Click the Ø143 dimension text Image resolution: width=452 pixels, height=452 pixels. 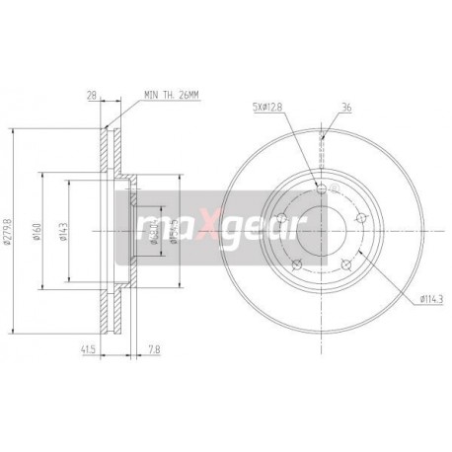point(62,233)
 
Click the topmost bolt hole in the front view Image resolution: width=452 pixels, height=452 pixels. point(323,188)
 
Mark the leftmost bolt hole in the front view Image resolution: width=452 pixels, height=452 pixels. point(280,218)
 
